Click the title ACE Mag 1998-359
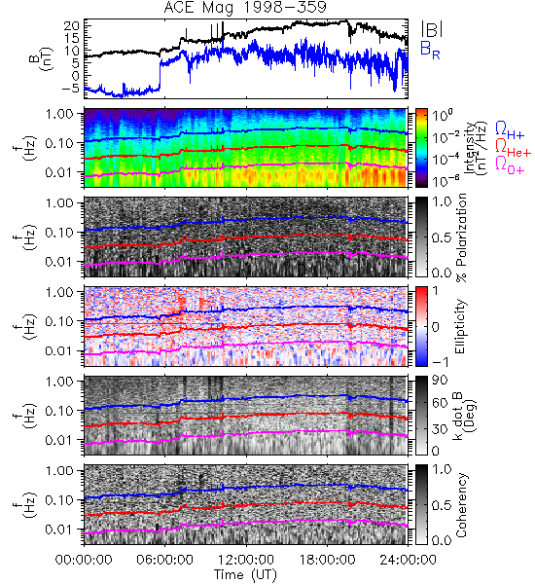coord(245,7)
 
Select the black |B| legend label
coord(431,29)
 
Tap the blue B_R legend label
coord(430,51)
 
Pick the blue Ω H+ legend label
coord(510,130)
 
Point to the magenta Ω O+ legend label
coord(510,164)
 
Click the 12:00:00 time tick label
coord(246,560)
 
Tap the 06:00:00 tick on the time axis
coord(164,560)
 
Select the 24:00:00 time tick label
coord(408,560)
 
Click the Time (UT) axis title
coord(246,574)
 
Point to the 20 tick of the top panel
coord(72,25)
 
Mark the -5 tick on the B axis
coord(71,89)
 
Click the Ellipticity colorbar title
coord(460,326)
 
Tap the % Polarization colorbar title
coord(461,237)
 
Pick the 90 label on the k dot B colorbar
coord(440,380)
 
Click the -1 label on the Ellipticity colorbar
coord(440,361)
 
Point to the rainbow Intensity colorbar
coord(421,148)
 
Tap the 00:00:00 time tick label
coord(84,560)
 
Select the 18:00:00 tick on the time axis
coord(327,560)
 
